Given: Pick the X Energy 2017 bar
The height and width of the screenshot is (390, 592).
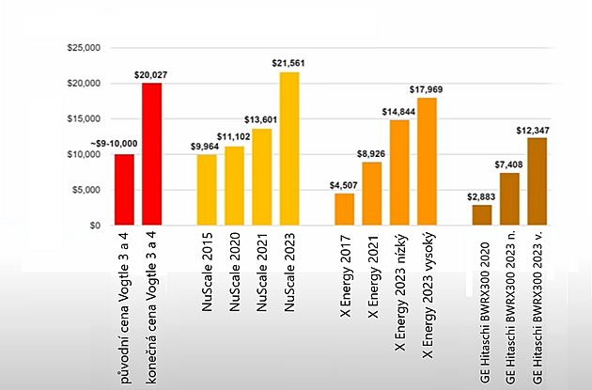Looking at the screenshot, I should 345,209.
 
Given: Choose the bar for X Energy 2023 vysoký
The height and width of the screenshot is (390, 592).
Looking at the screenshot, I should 428,162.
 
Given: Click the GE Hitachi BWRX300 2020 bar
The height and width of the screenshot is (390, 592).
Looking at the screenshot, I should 482,215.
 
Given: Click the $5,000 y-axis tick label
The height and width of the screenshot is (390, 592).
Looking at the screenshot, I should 85,190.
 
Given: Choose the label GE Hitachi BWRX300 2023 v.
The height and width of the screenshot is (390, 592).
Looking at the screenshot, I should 537,309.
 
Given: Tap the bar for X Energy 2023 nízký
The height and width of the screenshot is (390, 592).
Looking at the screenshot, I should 399,173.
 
